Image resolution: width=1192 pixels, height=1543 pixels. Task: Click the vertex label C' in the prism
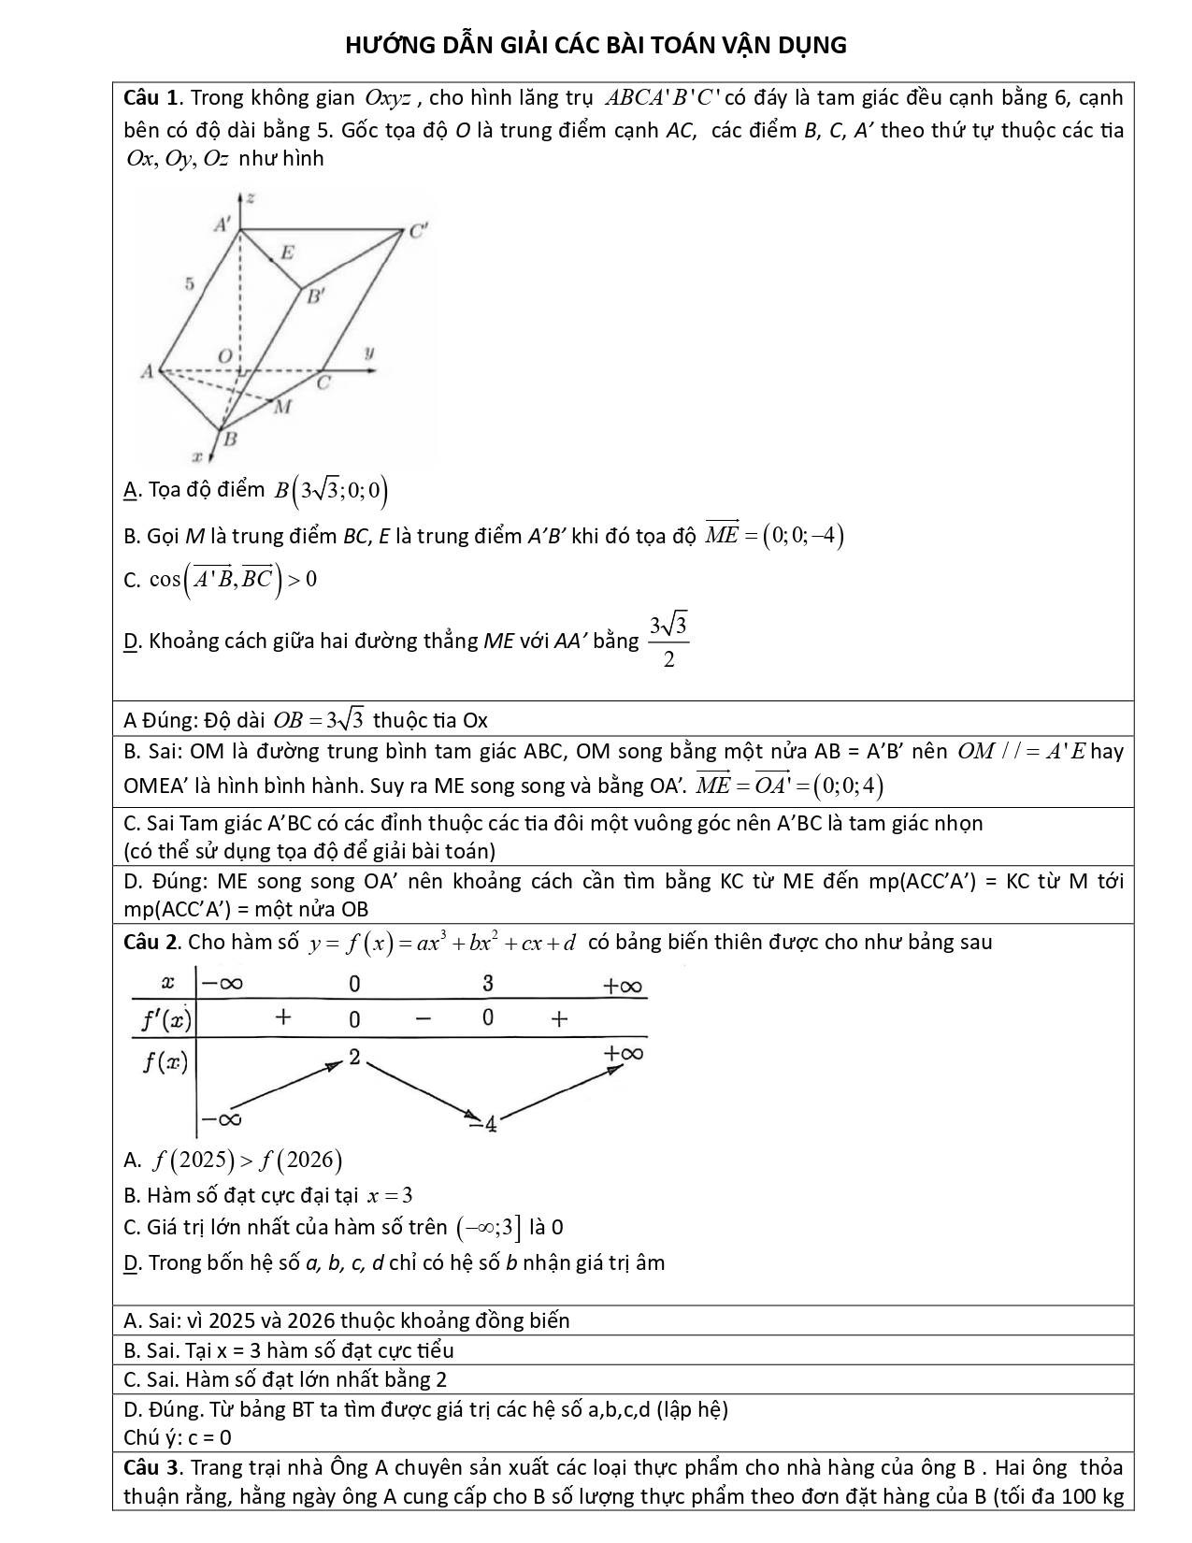tap(417, 232)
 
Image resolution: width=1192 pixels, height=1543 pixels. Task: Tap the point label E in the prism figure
tap(287, 252)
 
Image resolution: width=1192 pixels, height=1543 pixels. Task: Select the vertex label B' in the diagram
tap(316, 298)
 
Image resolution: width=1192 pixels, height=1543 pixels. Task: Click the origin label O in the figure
tap(224, 355)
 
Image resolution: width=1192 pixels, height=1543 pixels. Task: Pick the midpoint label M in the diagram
tap(283, 407)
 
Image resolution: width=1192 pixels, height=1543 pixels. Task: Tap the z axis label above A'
tap(251, 198)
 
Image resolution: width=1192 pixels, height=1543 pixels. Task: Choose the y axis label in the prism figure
tap(368, 353)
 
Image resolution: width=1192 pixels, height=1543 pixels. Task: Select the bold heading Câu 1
tap(151, 98)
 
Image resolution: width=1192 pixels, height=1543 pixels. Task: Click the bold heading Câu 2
tap(151, 942)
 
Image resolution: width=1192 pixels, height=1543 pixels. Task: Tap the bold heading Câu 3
tap(151, 1467)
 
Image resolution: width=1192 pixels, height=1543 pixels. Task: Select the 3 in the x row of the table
tap(487, 984)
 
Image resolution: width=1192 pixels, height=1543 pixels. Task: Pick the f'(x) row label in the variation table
tap(165, 1019)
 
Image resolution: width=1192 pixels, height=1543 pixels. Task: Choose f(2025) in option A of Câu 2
tap(192, 1161)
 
